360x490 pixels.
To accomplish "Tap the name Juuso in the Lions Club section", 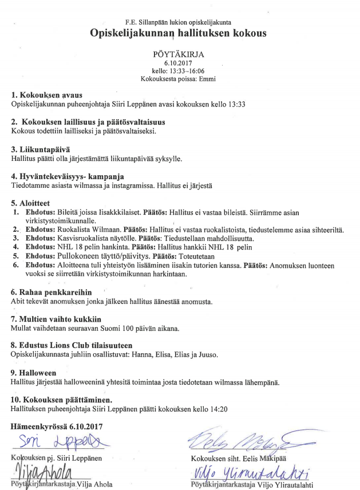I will tap(208, 355).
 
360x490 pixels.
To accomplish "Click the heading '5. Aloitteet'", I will tap(30, 203).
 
